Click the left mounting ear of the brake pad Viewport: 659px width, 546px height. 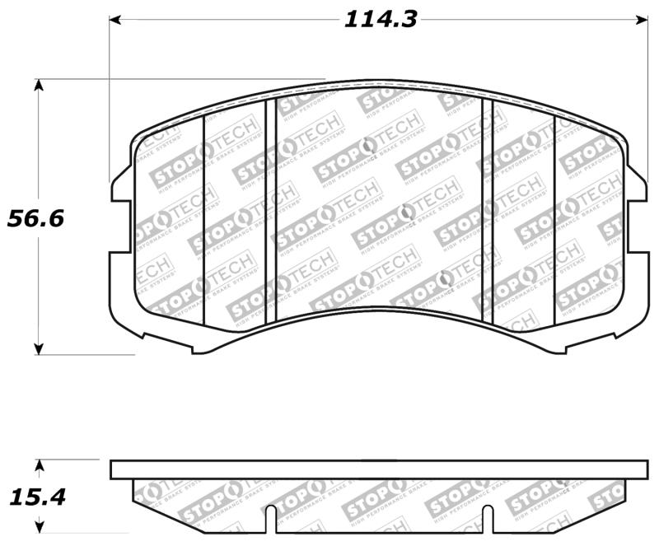pos(120,185)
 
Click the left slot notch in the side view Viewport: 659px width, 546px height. pos(269,519)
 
